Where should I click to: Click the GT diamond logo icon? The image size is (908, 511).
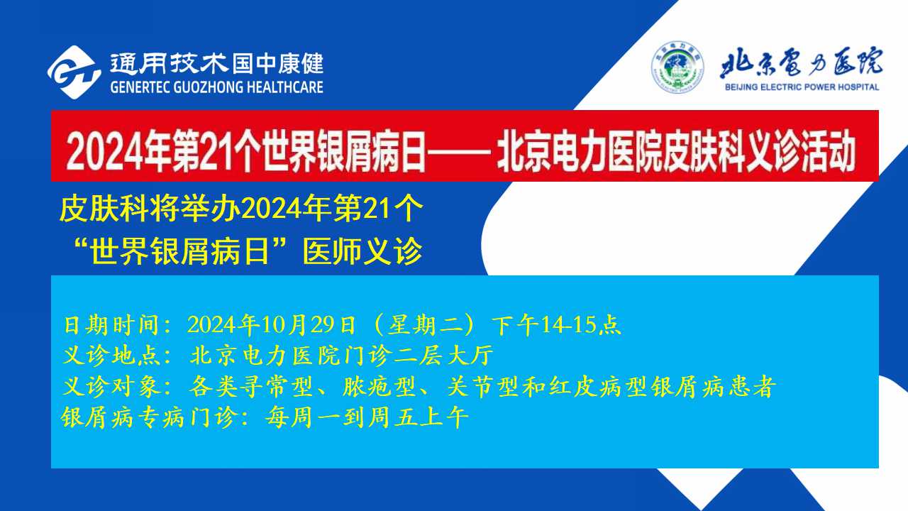point(74,72)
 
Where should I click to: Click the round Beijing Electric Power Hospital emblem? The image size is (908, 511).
point(677,67)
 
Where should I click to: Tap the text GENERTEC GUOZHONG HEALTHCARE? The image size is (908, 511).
point(216,87)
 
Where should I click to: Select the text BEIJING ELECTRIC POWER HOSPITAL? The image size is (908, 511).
point(802,87)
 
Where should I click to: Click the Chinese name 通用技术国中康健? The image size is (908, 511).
point(217,64)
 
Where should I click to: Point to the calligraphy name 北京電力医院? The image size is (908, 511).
point(801,63)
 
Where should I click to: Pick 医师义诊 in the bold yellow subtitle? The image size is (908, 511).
point(362,251)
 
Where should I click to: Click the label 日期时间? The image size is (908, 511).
point(111,325)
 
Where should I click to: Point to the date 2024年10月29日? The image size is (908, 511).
point(271,325)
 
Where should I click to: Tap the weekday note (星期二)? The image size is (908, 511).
point(423,325)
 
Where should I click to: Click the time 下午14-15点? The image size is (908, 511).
point(556,325)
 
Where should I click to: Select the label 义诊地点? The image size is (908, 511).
point(111,356)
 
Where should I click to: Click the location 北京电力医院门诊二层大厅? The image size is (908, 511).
point(342,356)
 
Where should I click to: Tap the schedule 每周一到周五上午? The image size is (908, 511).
point(367,417)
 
